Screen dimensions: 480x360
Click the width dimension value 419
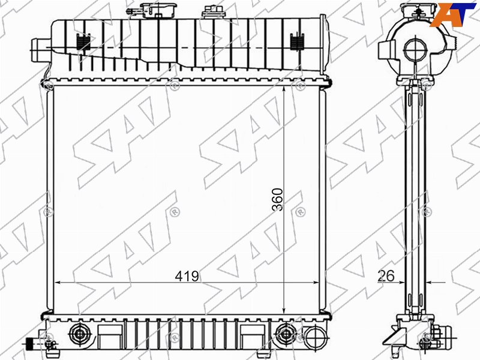point(187,276)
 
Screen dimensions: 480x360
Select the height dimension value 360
point(278,200)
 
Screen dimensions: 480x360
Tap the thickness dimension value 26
point(386,276)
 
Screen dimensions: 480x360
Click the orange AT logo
point(453,14)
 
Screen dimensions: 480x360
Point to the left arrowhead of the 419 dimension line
point(57,283)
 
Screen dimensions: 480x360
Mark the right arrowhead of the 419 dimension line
point(316,283)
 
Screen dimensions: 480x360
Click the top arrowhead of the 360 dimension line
point(284,89)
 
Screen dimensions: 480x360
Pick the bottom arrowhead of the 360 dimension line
point(284,311)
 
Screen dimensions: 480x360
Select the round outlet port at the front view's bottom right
point(316,337)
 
